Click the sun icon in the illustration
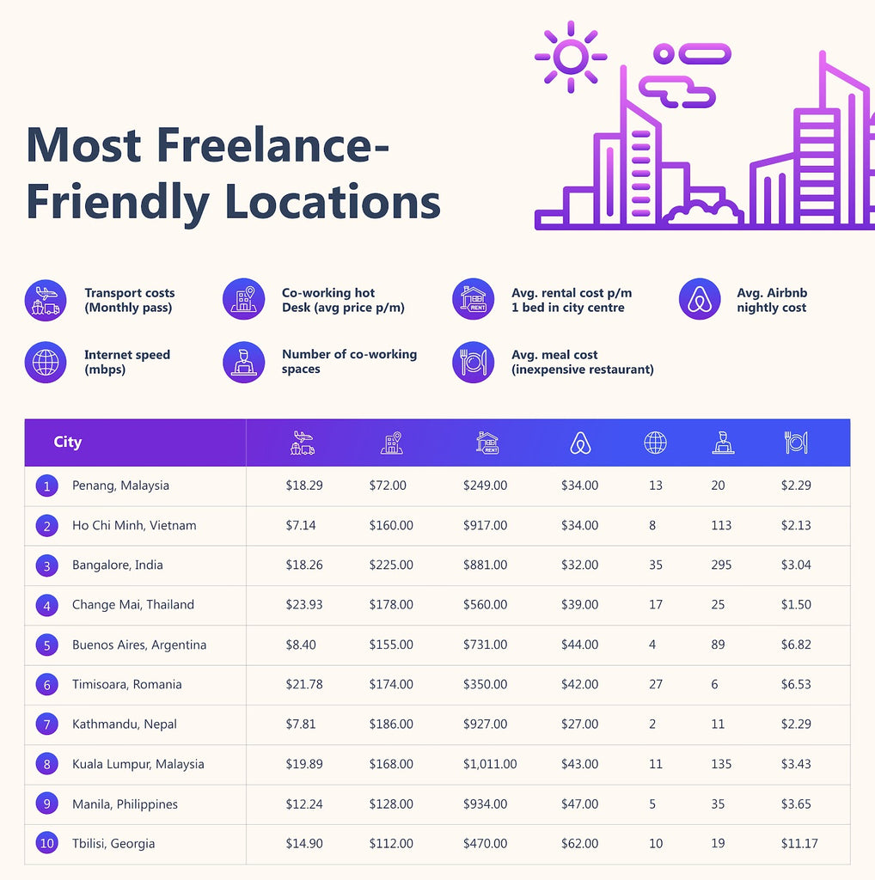570,57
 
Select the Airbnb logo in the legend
699,300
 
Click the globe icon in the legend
46,362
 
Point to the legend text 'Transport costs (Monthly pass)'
129,300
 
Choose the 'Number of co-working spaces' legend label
349,362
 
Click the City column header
67,443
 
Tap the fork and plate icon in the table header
796,443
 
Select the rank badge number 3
47,565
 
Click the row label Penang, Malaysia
120,486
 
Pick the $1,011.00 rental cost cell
490,764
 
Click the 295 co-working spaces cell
721,565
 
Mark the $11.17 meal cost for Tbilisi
799,844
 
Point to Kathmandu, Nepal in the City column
125,724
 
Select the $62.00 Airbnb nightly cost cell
579,844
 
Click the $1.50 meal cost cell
796,605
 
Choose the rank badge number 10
47,844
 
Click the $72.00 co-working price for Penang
388,486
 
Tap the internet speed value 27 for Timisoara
655,685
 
